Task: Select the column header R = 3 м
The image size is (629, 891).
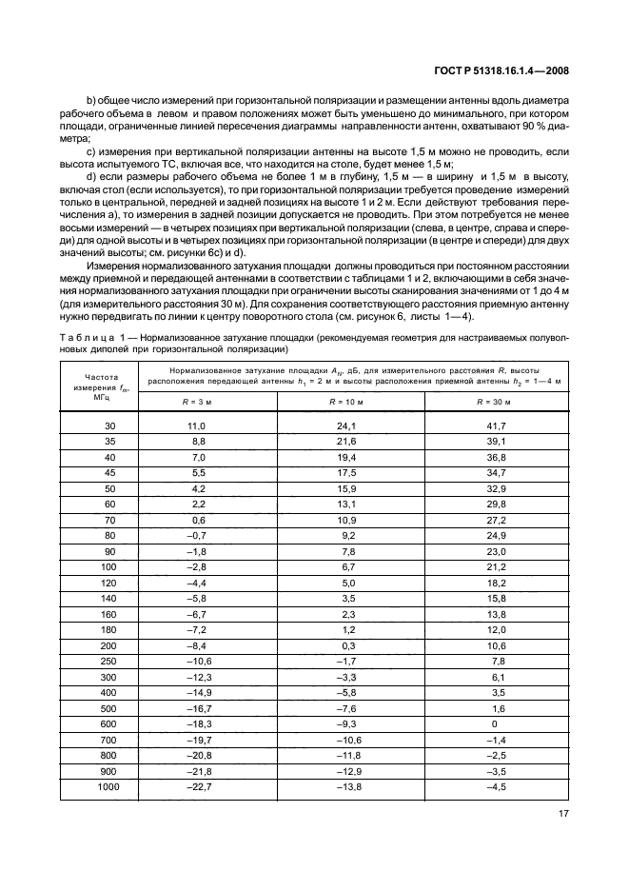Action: (x=197, y=403)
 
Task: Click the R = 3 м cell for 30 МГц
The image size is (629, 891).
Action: (x=197, y=426)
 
